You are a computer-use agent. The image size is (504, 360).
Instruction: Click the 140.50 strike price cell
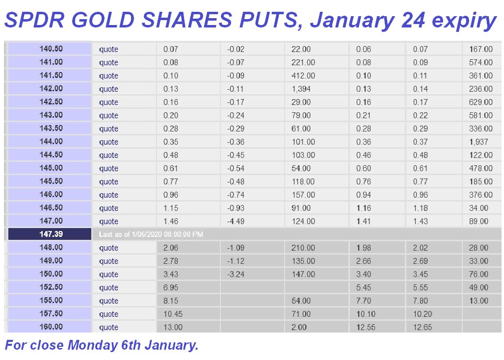pyautogui.click(x=50, y=49)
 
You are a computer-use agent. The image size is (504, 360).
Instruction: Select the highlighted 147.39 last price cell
pyautogui.click(x=50, y=234)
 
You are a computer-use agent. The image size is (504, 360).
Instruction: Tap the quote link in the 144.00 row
pyautogui.click(x=108, y=142)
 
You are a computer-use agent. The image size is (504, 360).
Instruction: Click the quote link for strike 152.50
pyautogui.click(x=108, y=288)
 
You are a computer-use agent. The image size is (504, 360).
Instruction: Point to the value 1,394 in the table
pyautogui.click(x=301, y=89)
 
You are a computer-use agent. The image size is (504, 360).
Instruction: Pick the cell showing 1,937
pyautogui.click(x=478, y=142)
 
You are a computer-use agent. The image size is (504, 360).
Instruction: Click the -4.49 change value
pyautogui.click(x=236, y=221)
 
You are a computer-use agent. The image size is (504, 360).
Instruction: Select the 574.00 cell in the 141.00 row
pyautogui.click(x=481, y=62)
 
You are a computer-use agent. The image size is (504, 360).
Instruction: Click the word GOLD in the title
pyautogui.click(x=103, y=20)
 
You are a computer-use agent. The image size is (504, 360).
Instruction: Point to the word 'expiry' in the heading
pyautogui.click(x=464, y=21)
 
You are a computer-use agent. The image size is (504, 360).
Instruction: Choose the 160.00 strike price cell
pyautogui.click(x=50, y=327)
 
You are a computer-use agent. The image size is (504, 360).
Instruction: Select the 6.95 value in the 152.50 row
pyautogui.click(x=171, y=288)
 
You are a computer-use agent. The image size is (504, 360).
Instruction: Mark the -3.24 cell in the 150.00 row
pyautogui.click(x=236, y=275)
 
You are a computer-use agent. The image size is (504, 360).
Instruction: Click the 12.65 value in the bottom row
pyautogui.click(x=423, y=327)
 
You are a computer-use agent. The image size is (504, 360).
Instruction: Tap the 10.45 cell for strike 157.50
pyautogui.click(x=173, y=314)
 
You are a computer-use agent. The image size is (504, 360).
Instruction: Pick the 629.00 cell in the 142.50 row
pyautogui.click(x=481, y=102)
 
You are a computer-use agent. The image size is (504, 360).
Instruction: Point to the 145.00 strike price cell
pyautogui.click(x=50, y=168)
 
